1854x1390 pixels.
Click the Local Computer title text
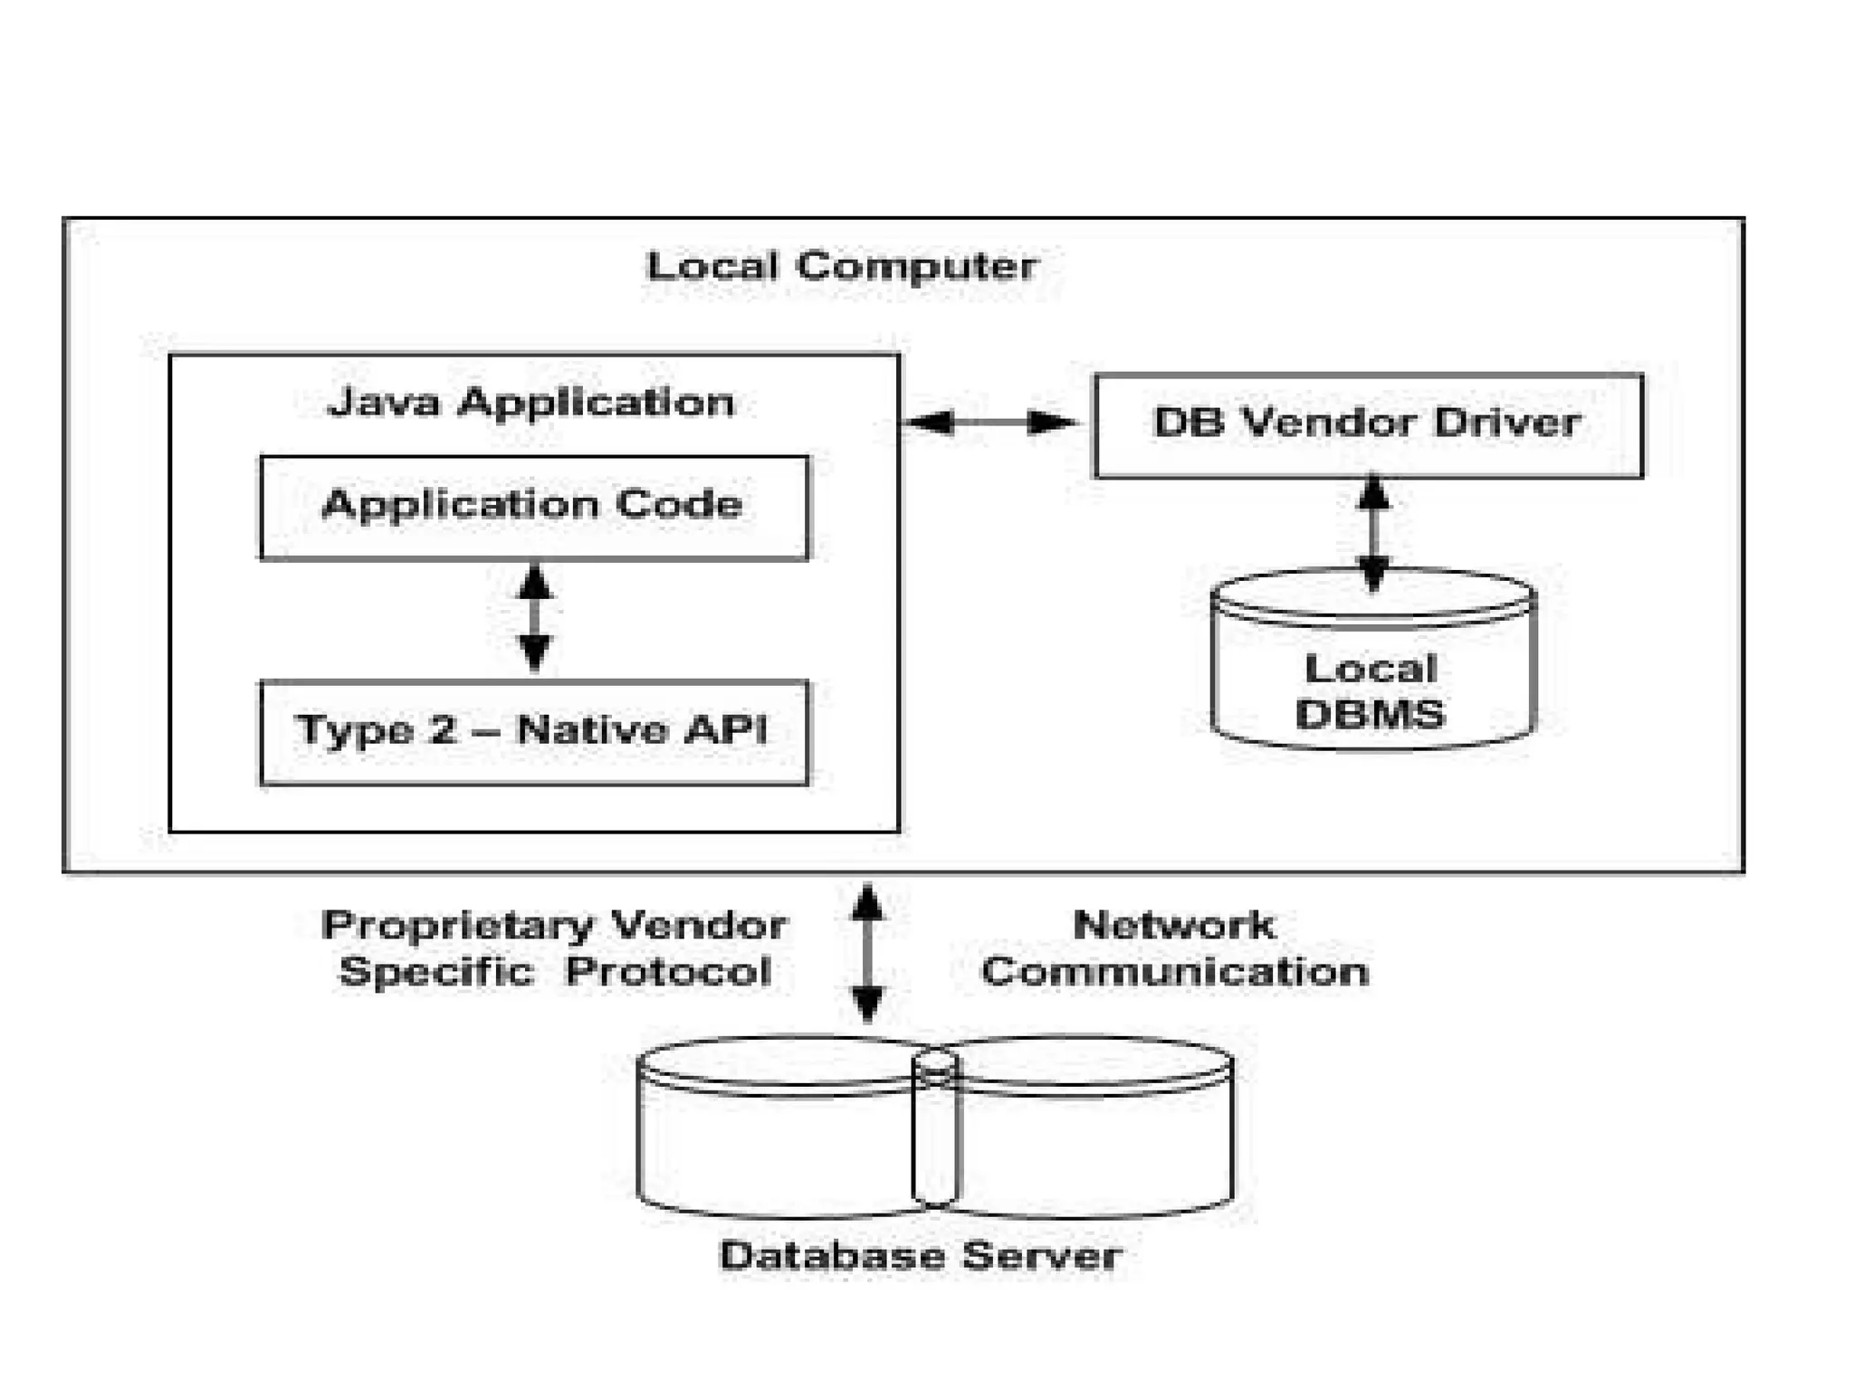point(842,266)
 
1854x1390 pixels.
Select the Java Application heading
point(531,403)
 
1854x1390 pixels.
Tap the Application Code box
point(534,508)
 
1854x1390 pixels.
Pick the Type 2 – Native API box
point(534,732)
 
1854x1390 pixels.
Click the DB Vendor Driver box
point(1369,425)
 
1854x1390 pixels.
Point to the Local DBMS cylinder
point(1372,659)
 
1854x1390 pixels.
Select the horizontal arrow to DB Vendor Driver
point(990,422)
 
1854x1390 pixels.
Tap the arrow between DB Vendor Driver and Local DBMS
point(1373,534)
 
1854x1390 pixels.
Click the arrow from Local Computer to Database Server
point(867,953)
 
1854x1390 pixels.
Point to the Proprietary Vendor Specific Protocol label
point(554,948)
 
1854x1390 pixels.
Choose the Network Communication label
point(1174,948)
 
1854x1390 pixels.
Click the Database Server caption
point(921,1256)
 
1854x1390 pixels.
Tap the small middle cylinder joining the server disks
point(935,1130)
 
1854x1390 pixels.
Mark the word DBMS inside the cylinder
point(1370,715)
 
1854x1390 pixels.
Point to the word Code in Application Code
point(679,504)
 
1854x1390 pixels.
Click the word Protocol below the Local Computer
point(668,973)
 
